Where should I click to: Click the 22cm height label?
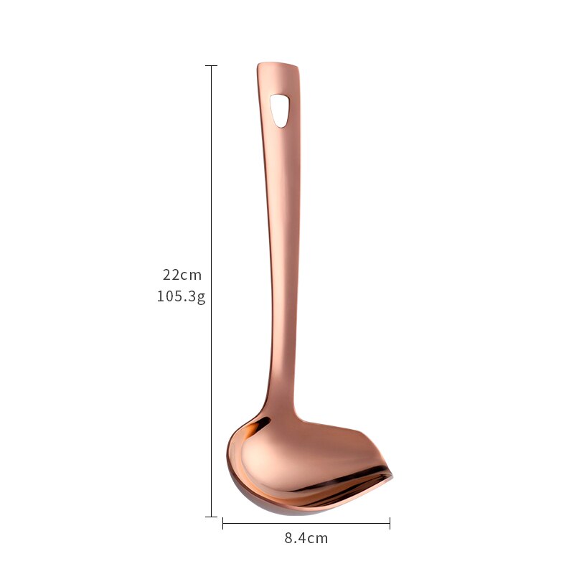click(x=182, y=275)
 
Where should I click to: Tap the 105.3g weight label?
click(x=182, y=296)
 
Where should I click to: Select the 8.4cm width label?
click(x=306, y=538)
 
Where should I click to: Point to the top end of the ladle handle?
click(x=278, y=67)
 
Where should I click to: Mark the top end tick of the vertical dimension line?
click(x=211, y=66)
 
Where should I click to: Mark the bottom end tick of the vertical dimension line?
click(x=211, y=516)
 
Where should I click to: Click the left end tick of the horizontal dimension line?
click(x=223, y=524)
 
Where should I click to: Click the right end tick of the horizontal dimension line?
click(x=390, y=524)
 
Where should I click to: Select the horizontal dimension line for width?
click(x=306, y=524)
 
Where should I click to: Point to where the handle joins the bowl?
click(x=282, y=409)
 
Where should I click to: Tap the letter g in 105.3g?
click(x=202, y=298)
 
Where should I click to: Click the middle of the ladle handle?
click(x=281, y=237)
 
